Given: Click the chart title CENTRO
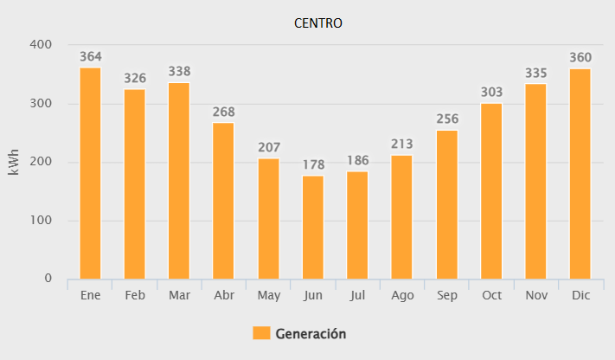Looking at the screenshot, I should point(318,23).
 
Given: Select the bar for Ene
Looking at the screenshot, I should point(90,173).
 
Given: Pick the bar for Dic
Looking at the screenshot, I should point(580,174).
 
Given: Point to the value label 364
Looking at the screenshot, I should point(90,57).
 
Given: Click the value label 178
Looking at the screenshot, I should point(312,165).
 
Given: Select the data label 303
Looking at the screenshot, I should point(490,93).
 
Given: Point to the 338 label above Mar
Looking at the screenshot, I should point(179,72).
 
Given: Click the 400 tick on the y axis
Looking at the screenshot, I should point(41,45).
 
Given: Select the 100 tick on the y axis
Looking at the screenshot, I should point(41,221).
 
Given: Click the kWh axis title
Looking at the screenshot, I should point(14,162).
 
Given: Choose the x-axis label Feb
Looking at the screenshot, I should point(134,296).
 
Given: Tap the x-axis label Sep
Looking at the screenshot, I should point(446,296).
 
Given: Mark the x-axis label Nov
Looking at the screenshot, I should point(535,296).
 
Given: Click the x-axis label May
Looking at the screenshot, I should point(268,296).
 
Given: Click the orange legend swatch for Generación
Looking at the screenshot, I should point(261,333).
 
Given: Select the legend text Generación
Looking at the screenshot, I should point(311,333).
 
